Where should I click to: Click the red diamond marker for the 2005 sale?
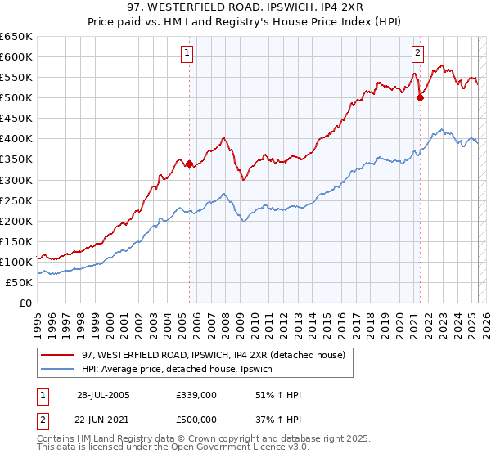pos(189,164)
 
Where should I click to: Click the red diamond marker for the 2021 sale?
pos(421,97)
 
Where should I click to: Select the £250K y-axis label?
pos(16,200)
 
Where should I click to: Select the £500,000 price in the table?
pos(196,419)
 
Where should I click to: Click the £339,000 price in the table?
pos(196,394)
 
